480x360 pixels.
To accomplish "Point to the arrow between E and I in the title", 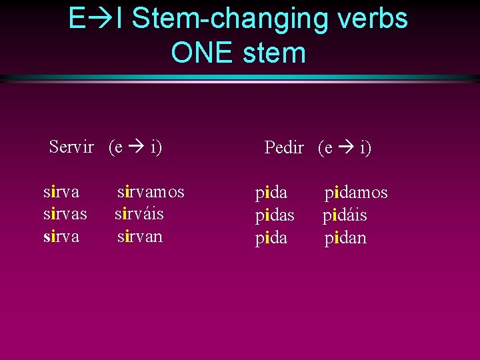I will pos(100,19).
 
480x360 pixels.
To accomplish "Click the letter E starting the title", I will pos(77,19).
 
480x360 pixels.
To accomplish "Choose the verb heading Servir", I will pos(71,147).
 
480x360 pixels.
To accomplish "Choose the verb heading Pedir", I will pos(284,148).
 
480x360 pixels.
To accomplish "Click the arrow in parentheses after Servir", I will pos(137,147).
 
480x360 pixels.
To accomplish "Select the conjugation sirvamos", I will pos(151,192).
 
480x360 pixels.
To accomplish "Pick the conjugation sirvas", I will pos(65,214).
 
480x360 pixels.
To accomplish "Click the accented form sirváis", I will pos(139,214).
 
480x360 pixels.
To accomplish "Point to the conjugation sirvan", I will pos(139,237).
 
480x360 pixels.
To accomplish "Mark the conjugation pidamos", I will pos(356,193).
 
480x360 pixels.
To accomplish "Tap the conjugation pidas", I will pos(275,216).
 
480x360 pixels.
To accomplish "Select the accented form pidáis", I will pos(345,216).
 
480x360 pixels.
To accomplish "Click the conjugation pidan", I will pos(345,238).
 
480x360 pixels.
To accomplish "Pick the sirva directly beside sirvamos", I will pos(61,192).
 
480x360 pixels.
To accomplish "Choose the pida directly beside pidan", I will pos(271,238).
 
